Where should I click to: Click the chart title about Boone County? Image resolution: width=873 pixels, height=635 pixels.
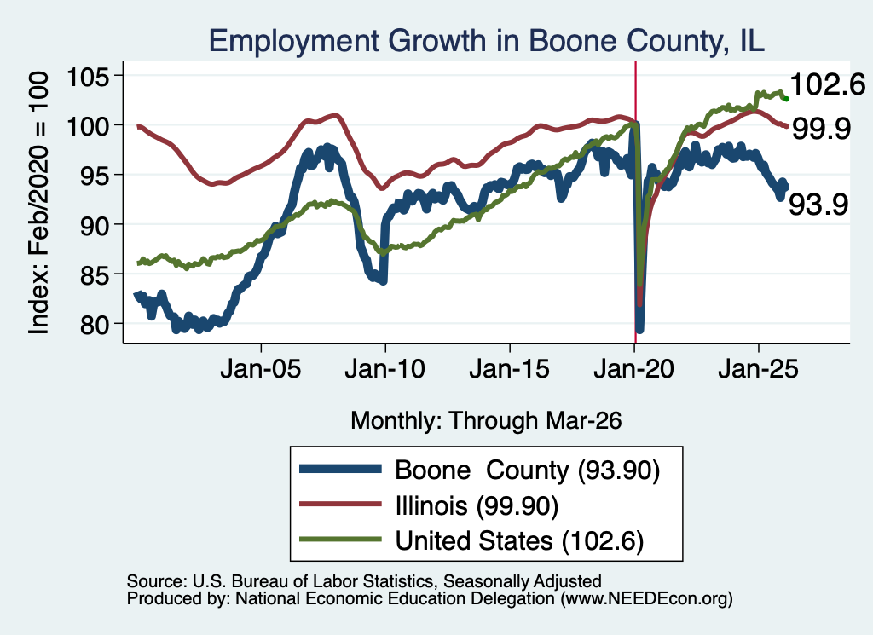[x=487, y=41]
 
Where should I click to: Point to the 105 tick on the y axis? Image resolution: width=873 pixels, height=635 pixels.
[x=89, y=76]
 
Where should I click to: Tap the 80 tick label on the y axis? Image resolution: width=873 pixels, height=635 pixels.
[x=95, y=325]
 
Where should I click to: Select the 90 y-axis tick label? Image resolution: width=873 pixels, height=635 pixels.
[x=95, y=225]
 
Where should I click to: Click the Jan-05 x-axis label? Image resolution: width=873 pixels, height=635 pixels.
[x=261, y=370]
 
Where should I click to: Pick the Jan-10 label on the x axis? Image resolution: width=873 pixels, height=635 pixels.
[x=384, y=370]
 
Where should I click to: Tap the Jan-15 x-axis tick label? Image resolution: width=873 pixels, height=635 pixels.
[x=510, y=370]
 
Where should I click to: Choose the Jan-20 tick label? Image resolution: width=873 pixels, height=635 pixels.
[x=633, y=370]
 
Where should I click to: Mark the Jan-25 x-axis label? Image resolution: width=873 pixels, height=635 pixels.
[x=758, y=370]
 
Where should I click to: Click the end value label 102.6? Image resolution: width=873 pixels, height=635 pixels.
[x=827, y=85]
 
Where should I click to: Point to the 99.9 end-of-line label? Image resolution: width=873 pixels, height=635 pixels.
[x=821, y=129]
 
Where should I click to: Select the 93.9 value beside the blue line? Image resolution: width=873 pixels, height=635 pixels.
[x=818, y=205]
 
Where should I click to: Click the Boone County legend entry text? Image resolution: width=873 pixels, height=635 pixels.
[x=527, y=470]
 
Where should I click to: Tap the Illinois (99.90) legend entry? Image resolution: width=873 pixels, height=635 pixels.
[x=477, y=506]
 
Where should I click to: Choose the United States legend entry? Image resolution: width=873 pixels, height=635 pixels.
[x=519, y=541]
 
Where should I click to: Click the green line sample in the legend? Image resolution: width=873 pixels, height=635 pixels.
[x=340, y=540]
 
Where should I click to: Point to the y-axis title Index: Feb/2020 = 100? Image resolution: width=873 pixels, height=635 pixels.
[x=38, y=203]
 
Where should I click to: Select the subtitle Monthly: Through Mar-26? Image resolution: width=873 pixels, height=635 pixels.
[x=486, y=421]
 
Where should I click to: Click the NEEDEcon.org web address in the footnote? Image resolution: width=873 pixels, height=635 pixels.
[x=646, y=599]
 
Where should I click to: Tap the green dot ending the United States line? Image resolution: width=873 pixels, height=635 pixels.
[x=786, y=99]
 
